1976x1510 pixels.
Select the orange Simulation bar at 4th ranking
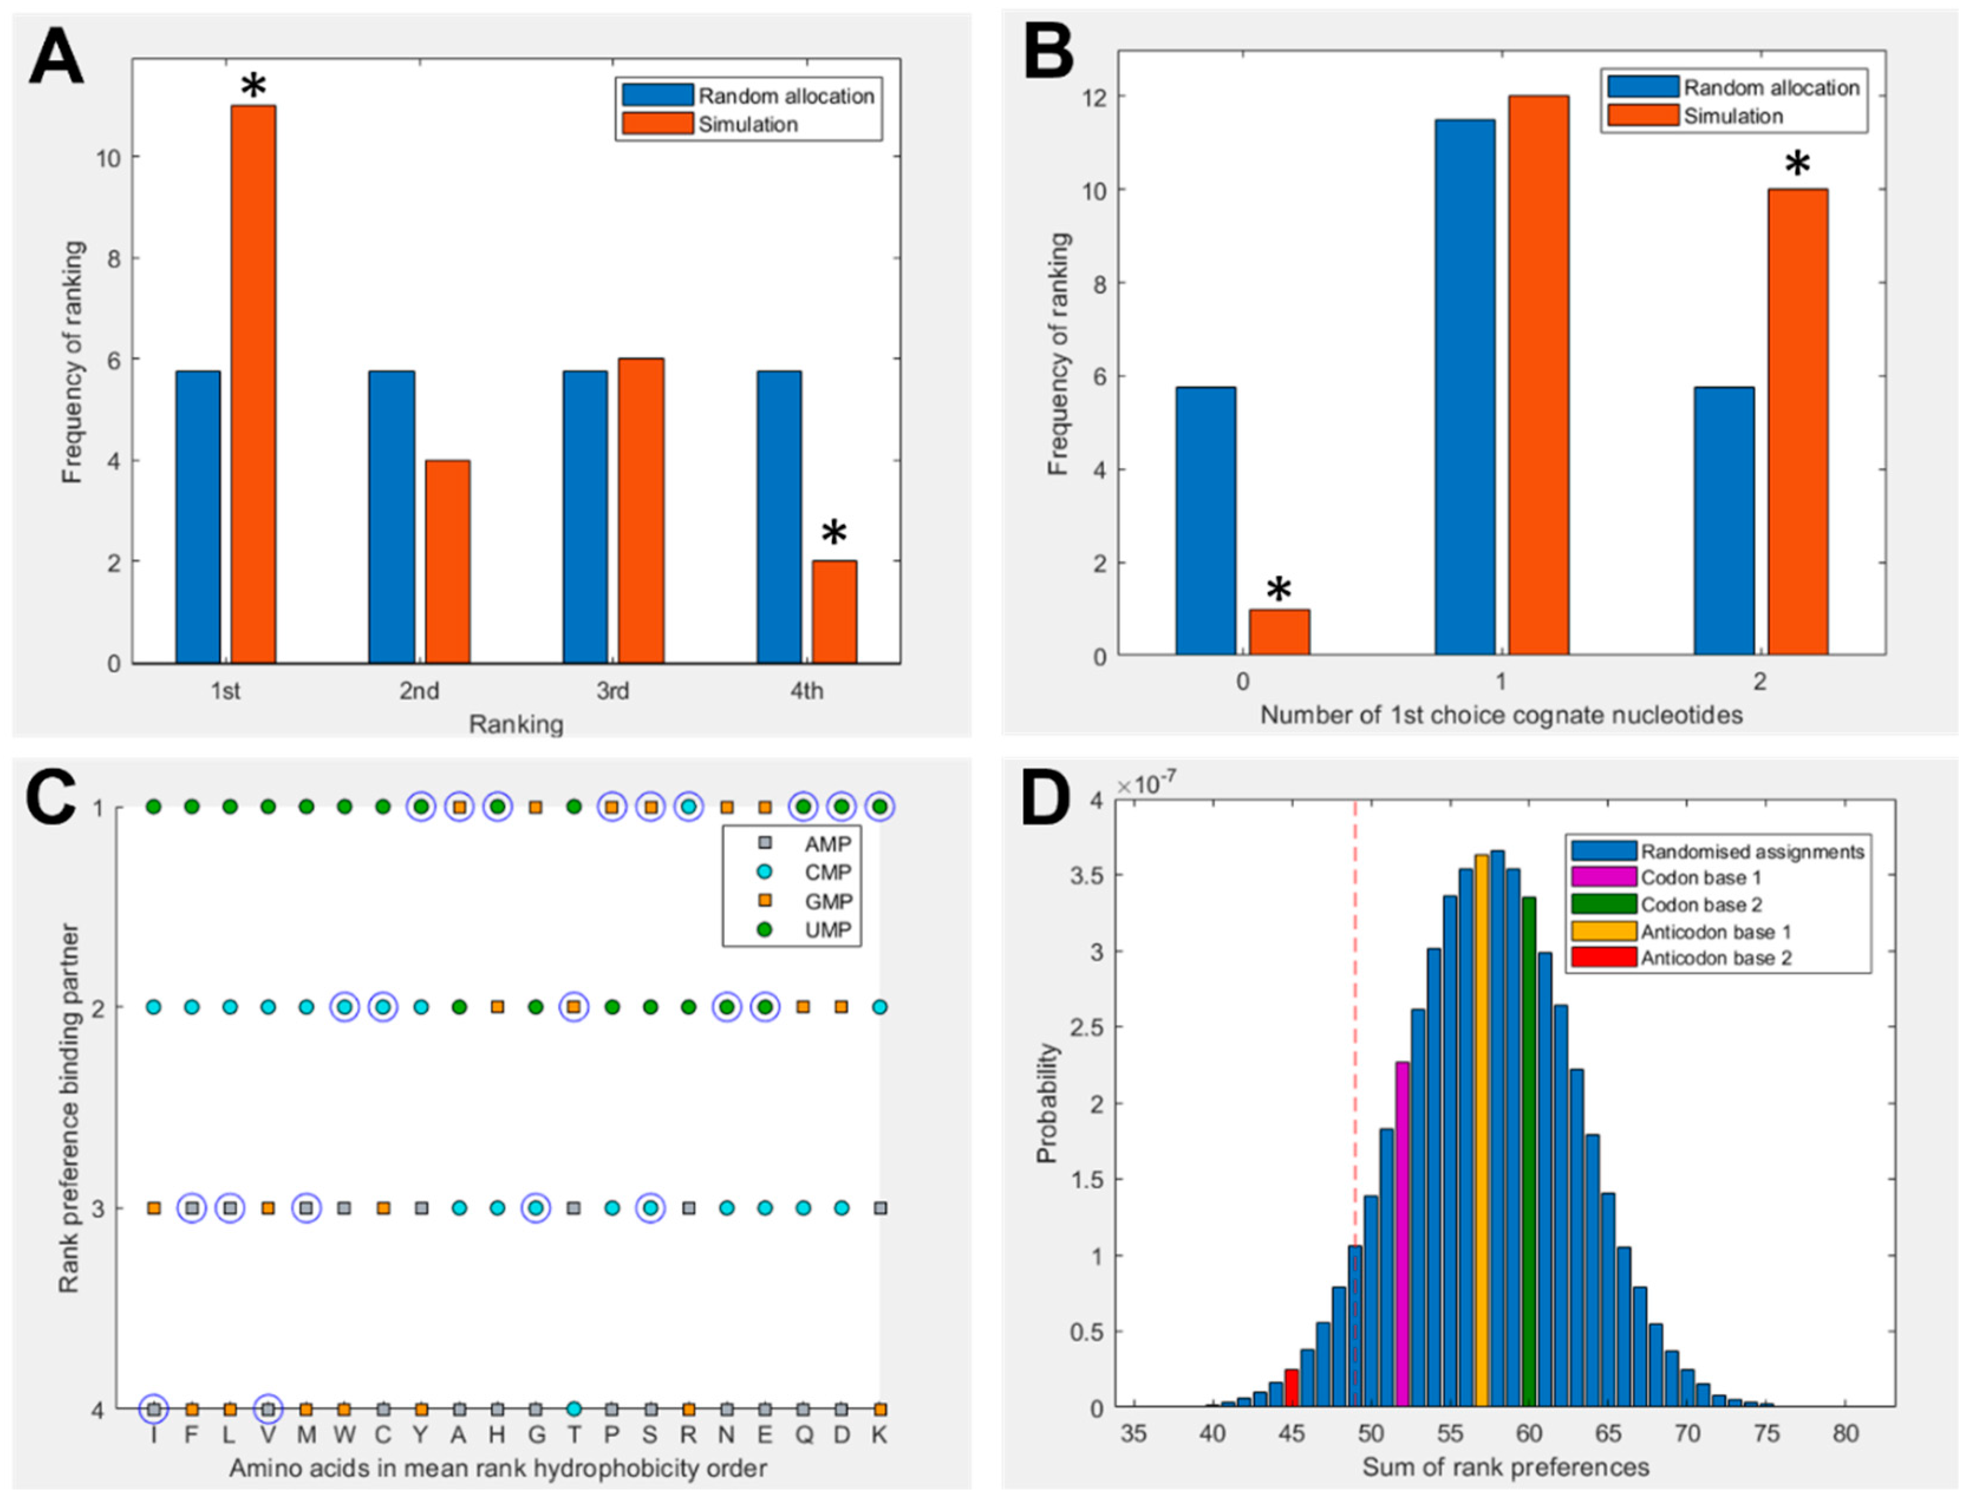click(x=834, y=612)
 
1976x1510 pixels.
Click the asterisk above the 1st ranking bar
click(x=253, y=87)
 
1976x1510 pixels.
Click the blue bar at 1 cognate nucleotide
click(x=1465, y=387)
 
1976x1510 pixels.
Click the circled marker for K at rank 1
click(x=880, y=807)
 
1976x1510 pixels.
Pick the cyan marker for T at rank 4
click(x=573, y=1408)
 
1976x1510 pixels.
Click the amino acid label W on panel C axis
click(x=344, y=1436)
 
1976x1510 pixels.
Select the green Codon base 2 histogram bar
click(x=1528, y=1151)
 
